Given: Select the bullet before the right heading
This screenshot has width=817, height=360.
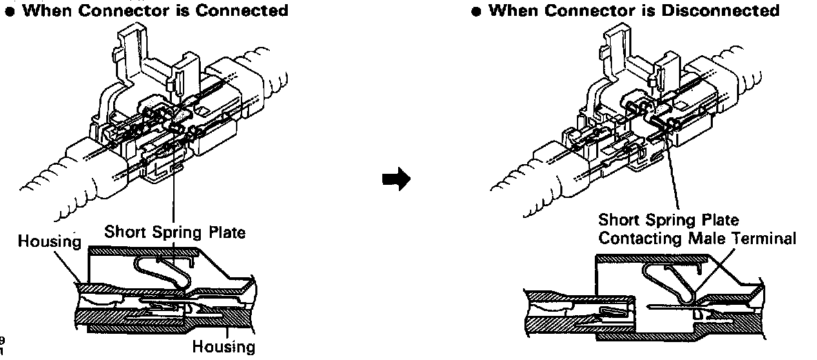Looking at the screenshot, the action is point(477,11).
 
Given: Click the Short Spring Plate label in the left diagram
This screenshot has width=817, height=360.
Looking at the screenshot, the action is point(175,232).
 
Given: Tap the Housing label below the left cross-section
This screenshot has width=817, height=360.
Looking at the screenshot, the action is point(223,346).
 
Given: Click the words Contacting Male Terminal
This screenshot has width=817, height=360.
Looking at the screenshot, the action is point(697,238).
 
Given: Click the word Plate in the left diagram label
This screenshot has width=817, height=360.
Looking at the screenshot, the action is point(226,232).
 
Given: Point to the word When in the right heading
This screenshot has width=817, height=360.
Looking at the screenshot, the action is point(513,10).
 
